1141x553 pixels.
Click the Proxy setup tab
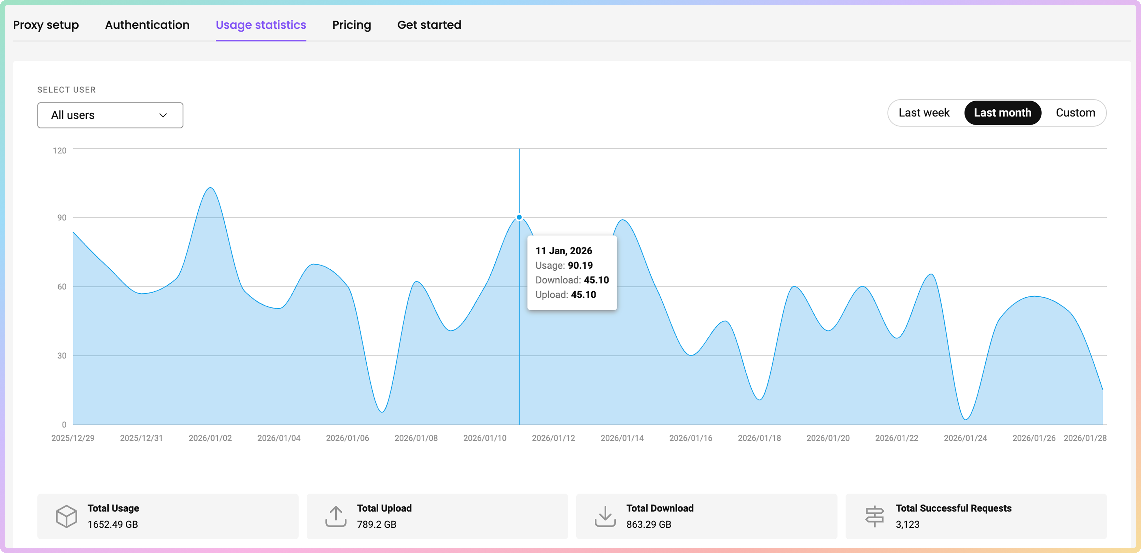pyautogui.click(x=46, y=25)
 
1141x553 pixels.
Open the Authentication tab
pyautogui.click(x=147, y=25)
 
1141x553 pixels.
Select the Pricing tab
pyautogui.click(x=351, y=25)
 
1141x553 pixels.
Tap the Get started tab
pyautogui.click(x=429, y=25)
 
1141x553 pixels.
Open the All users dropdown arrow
pyautogui.click(x=163, y=115)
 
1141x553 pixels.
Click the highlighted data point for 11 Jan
pyautogui.click(x=519, y=217)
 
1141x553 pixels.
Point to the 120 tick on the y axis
pyautogui.click(x=59, y=151)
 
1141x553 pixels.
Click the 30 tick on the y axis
pyautogui.click(x=61, y=355)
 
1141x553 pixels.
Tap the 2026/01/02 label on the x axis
pyautogui.click(x=210, y=438)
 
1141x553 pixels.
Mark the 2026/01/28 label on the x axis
pyautogui.click(x=1085, y=438)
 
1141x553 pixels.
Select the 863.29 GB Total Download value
pyautogui.click(x=648, y=524)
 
